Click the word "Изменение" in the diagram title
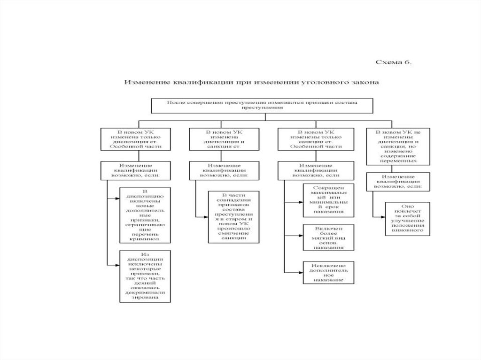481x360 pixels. (x=140, y=82)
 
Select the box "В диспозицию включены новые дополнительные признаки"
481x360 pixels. (x=145, y=215)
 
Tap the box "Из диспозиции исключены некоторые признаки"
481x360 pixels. (x=145, y=276)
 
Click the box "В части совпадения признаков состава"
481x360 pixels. (x=233, y=216)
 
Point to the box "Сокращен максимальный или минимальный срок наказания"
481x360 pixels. (x=327, y=200)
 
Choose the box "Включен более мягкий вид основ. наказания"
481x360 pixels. (x=327, y=237)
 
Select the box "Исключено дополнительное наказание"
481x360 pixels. (x=327, y=272)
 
